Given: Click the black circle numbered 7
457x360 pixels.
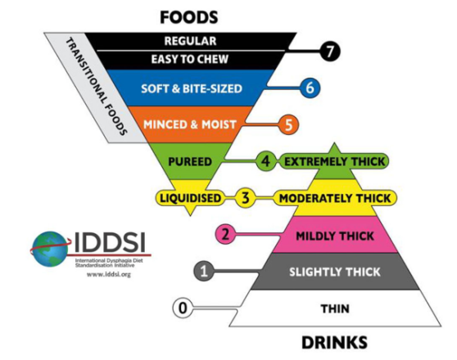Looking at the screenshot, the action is pyautogui.click(x=330, y=52).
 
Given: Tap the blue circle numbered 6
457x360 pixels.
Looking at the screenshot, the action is pyautogui.click(x=310, y=88).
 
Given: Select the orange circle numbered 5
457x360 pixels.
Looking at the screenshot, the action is pyautogui.click(x=288, y=124).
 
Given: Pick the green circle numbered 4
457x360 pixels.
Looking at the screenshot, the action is pyautogui.click(x=265, y=161).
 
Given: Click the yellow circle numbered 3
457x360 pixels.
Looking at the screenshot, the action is pyautogui.click(x=246, y=198).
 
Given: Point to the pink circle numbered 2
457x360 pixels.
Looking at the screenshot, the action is pyautogui.click(x=225, y=234).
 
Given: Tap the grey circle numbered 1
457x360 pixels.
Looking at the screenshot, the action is pyautogui.click(x=204, y=271).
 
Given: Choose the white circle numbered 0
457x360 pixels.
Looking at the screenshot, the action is pyautogui.click(x=183, y=308).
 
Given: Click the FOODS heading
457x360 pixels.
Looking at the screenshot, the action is pyautogui.click(x=189, y=17).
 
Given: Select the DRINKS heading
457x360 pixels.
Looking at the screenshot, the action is pyautogui.click(x=334, y=343).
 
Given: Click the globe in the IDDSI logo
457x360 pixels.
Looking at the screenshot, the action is pyautogui.click(x=50, y=249).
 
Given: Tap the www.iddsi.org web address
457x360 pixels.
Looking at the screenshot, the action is pyautogui.click(x=109, y=274).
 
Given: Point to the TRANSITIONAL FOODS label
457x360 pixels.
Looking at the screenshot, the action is pyautogui.click(x=96, y=87).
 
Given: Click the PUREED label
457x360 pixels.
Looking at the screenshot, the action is pyautogui.click(x=190, y=162).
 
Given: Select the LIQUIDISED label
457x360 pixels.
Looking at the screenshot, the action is pyautogui.click(x=191, y=198).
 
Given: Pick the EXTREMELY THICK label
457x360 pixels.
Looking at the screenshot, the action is pyautogui.click(x=335, y=162).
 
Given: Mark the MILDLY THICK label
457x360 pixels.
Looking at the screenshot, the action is pyautogui.click(x=335, y=236).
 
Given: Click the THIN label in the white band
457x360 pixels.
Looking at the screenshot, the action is pyautogui.click(x=335, y=308).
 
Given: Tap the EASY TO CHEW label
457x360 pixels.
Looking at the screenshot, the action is pyautogui.click(x=190, y=60).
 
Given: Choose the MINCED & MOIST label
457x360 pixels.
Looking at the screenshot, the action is pyautogui.click(x=190, y=124).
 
